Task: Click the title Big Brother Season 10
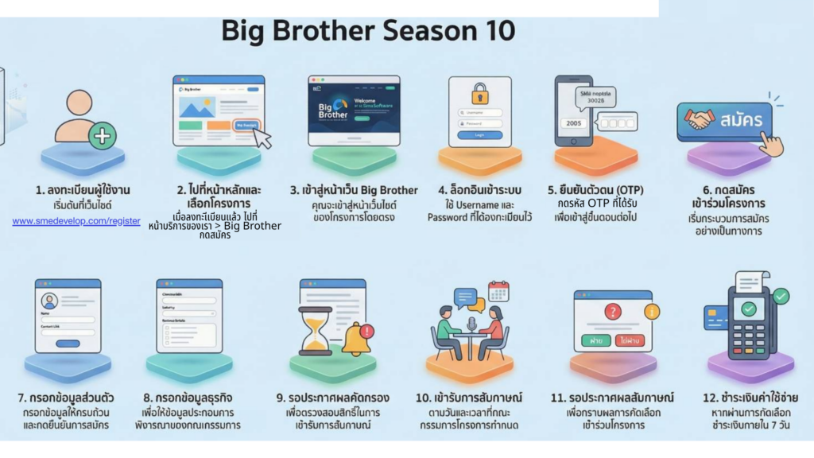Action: click(x=368, y=31)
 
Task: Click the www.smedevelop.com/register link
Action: click(x=76, y=220)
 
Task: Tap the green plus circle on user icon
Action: click(x=102, y=136)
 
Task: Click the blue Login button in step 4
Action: click(x=479, y=135)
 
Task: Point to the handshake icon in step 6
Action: click(x=700, y=120)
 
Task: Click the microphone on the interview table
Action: click(x=470, y=324)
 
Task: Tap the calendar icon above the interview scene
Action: click(x=498, y=290)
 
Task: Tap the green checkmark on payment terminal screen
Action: click(x=749, y=307)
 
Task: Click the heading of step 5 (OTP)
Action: click(x=596, y=190)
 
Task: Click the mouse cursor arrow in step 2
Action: click(x=262, y=138)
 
